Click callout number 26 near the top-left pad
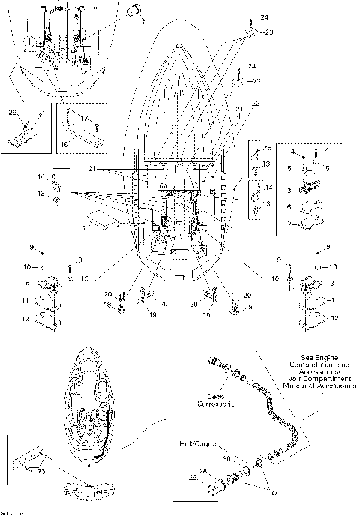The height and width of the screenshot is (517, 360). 11,113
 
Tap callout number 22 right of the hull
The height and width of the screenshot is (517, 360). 256,102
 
